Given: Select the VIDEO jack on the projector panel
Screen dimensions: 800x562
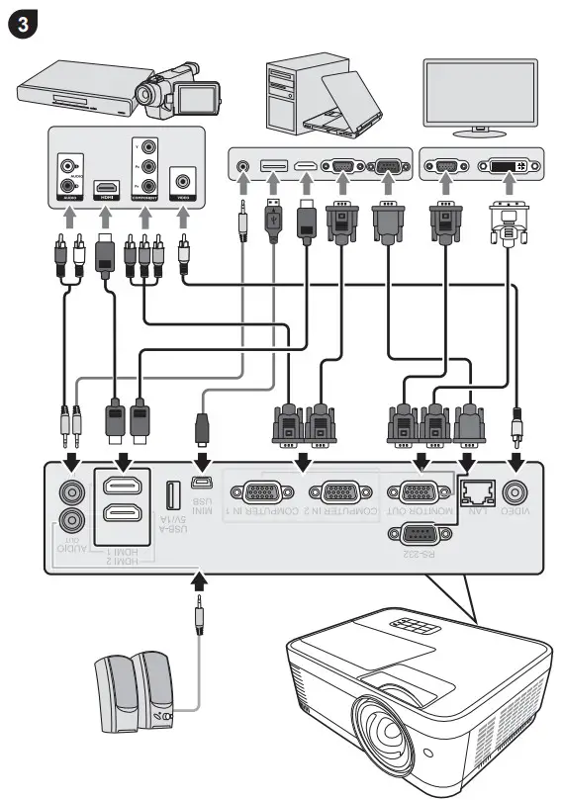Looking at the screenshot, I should pyautogui.click(x=515, y=491).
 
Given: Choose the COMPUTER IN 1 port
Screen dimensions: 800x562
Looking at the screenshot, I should pyautogui.click(x=261, y=491).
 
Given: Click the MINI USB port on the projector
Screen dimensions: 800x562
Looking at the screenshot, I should pyautogui.click(x=201, y=484).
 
